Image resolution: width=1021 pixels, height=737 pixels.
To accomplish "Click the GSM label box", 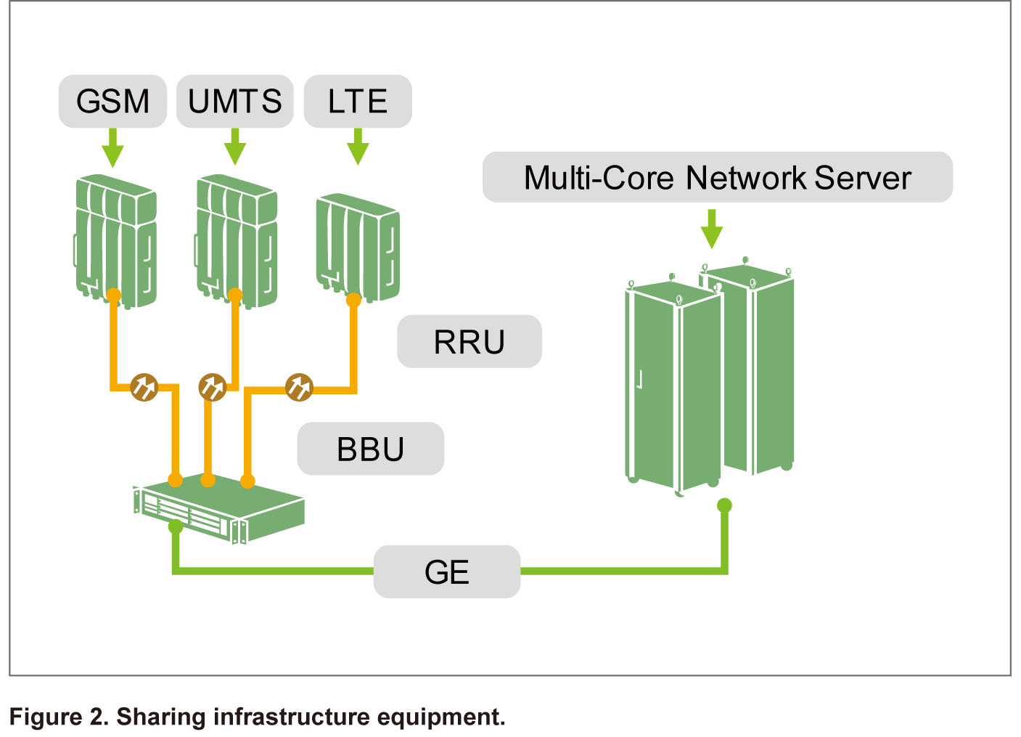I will pyautogui.click(x=112, y=102).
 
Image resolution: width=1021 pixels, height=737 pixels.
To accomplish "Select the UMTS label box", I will pyautogui.click(x=234, y=102).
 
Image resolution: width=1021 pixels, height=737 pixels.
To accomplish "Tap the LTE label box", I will pyautogui.click(x=357, y=102).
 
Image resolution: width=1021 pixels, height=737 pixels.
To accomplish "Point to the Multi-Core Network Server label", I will pyautogui.click(x=717, y=177).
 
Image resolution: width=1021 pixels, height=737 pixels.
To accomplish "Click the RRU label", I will pyautogui.click(x=469, y=342).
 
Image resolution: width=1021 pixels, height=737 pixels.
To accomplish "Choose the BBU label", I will pyautogui.click(x=370, y=449).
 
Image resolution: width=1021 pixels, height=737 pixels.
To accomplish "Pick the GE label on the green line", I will pyautogui.click(x=446, y=572).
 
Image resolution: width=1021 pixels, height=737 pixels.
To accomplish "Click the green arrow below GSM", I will pyautogui.click(x=112, y=149).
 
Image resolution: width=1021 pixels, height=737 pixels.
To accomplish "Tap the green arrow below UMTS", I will pyautogui.click(x=234, y=148).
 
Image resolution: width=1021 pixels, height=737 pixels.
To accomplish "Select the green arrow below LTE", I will pyautogui.click(x=358, y=148).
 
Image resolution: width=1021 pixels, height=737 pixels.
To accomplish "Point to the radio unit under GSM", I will pyautogui.click(x=116, y=240).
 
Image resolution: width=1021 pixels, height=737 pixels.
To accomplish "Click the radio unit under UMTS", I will pyautogui.click(x=237, y=240).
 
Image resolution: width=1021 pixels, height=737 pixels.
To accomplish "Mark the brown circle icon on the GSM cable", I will pyautogui.click(x=144, y=387).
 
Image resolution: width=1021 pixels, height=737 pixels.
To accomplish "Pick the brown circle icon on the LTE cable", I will pyautogui.click(x=299, y=387).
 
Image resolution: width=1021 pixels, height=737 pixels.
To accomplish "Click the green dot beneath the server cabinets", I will pyautogui.click(x=724, y=505).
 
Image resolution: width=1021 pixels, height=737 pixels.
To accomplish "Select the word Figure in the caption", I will pyautogui.click(x=46, y=717).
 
